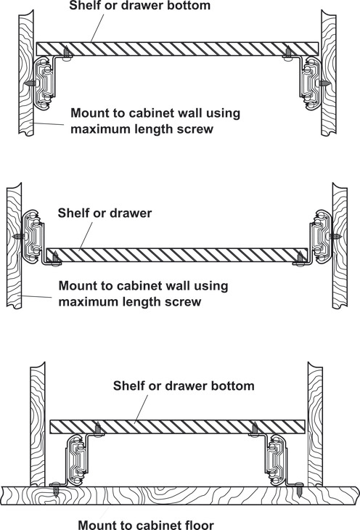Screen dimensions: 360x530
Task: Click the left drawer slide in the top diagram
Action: tap(44, 83)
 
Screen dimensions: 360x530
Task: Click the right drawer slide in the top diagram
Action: tap(311, 83)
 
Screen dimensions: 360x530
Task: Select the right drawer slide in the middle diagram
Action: tap(321, 236)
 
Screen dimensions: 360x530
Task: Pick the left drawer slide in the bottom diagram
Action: tap(77, 460)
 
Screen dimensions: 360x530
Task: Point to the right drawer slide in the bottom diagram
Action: tap(278, 460)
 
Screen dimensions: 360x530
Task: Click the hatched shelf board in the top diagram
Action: tap(178, 49)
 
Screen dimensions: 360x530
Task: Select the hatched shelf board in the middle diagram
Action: tap(177, 255)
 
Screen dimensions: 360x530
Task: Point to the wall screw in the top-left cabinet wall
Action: tap(30, 83)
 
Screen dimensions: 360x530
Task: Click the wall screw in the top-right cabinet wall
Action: tap(324, 83)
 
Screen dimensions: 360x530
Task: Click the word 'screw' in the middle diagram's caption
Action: tap(184, 301)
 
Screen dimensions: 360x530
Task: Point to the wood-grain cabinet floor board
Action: tap(179, 496)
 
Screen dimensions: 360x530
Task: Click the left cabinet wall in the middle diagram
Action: tap(15, 245)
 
